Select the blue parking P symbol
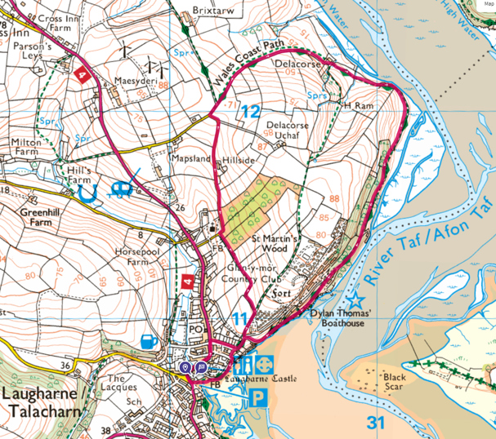[x=257, y=397]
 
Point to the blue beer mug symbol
[x=150, y=339]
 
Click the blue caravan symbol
[x=122, y=191]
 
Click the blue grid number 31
[x=375, y=422]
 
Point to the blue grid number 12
[x=251, y=112]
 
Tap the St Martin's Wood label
[x=276, y=243]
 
